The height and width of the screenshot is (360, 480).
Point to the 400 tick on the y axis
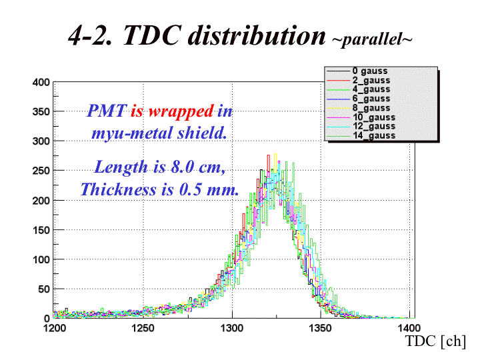click(x=41, y=83)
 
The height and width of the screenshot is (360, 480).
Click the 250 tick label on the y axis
click(x=41, y=171)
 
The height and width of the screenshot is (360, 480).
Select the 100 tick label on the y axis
click(x=41, y=259)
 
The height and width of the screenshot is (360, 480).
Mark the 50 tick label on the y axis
click(x=43, y=288)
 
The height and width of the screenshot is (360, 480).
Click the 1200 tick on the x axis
click(x=54, y=328)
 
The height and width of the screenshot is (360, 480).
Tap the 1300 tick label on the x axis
click(x=232, y=328)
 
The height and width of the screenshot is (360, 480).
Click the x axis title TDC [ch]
click(x=435, y=341)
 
